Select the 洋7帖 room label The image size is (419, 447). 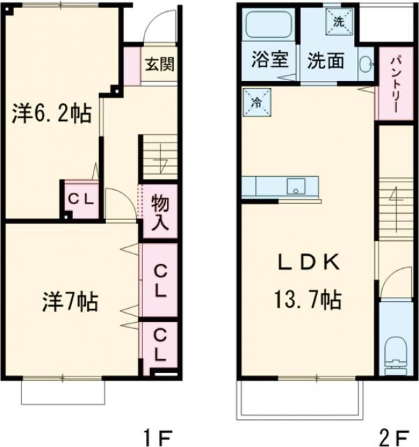coord(68,302)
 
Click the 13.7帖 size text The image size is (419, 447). coord(307,301)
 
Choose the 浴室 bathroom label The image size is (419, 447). coord(270,60)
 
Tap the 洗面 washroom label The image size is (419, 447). coord(326,60)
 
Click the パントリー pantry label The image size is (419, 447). coord(393,84)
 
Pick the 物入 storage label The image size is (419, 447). coord(160,212)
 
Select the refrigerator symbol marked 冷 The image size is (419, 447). coord(257,103)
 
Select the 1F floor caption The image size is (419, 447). coord(158,439)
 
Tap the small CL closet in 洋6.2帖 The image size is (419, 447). coord(81,199)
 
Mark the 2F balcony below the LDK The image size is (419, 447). coord(300,402)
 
